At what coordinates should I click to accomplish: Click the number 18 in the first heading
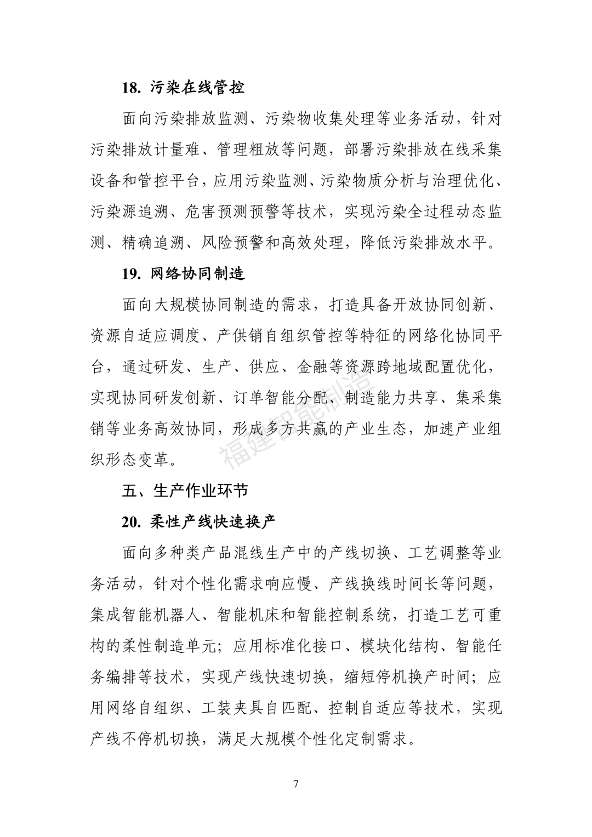(132, 88)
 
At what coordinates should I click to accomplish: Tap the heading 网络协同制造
(197, 274)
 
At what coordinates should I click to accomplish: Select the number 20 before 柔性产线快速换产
(132, 522)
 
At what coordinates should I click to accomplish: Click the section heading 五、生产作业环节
(185, 491)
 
